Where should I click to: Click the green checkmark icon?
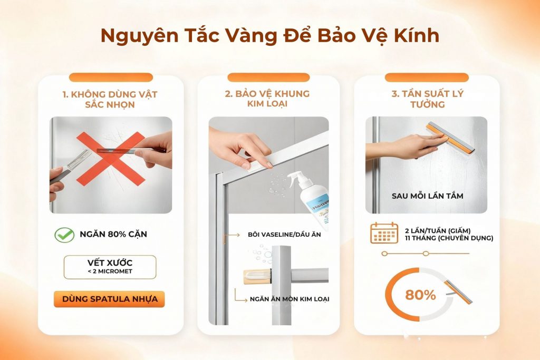pyautogui.click(x=64, y=235)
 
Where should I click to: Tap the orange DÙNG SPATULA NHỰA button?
pyautogui.click(x=110, y=299)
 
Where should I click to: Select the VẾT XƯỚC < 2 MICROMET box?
pyautogui.click(x=110, y=267)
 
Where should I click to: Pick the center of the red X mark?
pyautogui.click(x=111, y=159)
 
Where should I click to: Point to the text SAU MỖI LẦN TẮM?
pyautogui.click(x=427, y=196)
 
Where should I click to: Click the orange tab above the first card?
pyautogui.click(x=111, y=77)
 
